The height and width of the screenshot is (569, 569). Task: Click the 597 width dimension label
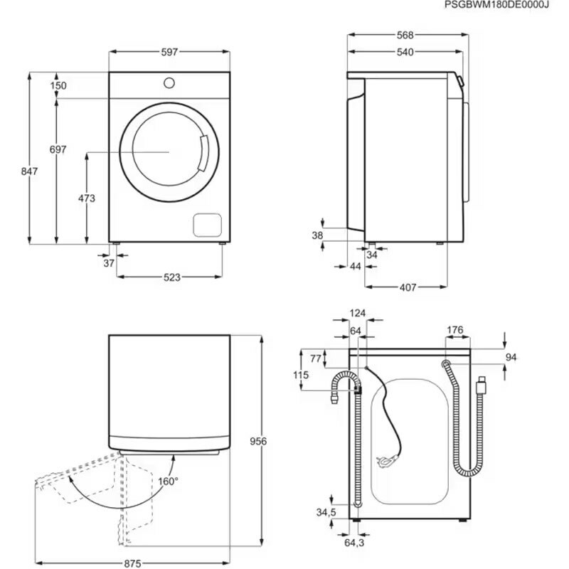(x=169, y=52)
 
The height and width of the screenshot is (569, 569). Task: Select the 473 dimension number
(x=86, y=198)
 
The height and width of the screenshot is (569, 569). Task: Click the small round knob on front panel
(x=169, y=82)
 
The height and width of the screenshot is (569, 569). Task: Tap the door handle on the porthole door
(x=205, y=155)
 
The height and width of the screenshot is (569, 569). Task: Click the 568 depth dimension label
(x=405, y=35)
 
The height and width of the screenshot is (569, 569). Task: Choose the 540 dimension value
(x=405, y=52)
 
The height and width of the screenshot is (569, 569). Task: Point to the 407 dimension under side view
(x=407, y=287)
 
